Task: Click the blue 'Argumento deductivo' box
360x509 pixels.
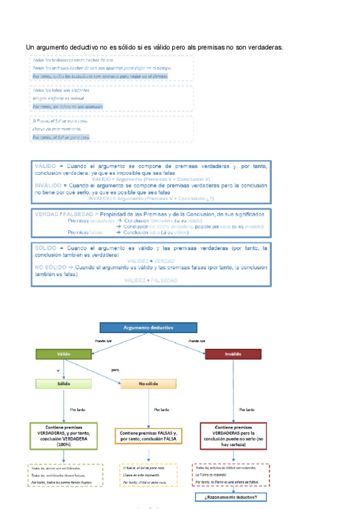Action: click(x=148, y=328)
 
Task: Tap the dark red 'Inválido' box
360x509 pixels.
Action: click(x=233, y=354)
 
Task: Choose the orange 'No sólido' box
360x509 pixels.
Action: click(x=148, y=383)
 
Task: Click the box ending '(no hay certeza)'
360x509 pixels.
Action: click(x=233, y=436)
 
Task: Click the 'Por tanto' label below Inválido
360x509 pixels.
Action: click(x=246, y=409)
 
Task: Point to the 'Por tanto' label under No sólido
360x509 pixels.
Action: click(x=161, y=409)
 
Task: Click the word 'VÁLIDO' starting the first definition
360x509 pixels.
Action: click(x=45, y=164)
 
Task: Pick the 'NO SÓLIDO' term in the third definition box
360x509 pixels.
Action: click(x=50, y=268)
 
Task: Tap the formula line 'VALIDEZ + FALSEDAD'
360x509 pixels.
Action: click(x=151, y=280)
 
